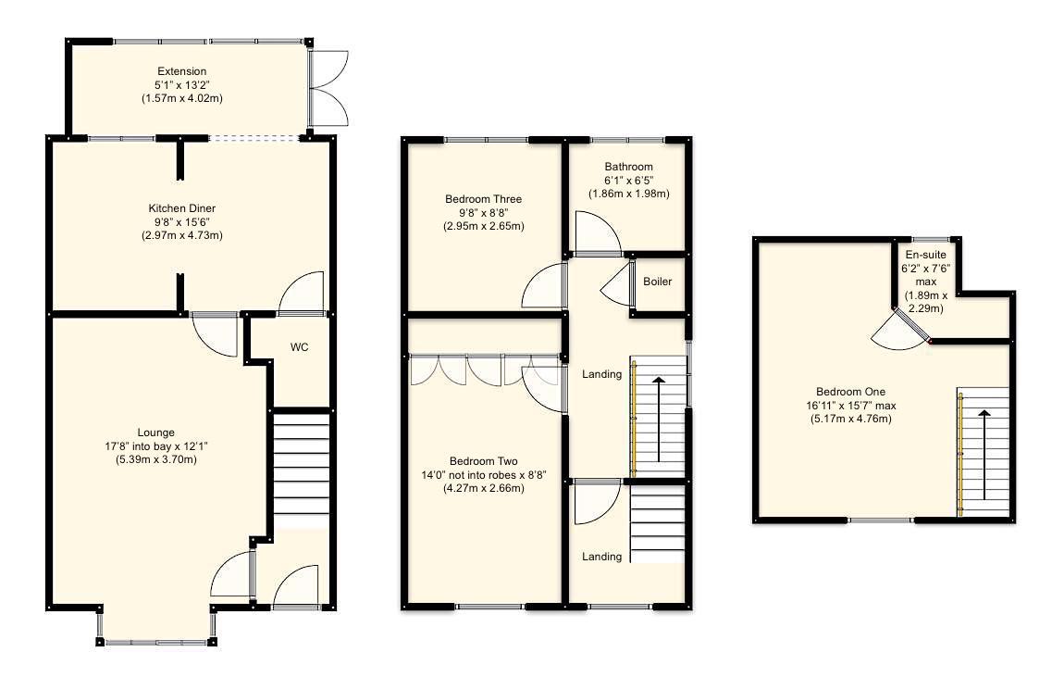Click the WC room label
tap(299, 347)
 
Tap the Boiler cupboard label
tap(657, 282)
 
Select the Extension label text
tap(181, 71)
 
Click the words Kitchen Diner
tap(181, 208)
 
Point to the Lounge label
tap(155, 433)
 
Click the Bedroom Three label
tap(483, 199)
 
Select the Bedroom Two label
tap(483, 461)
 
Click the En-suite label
tap(926, 255)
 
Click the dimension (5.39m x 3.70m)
tap(155, 459)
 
